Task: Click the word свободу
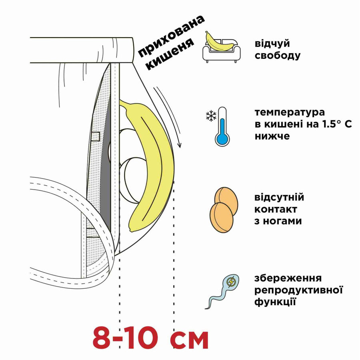point(277,55)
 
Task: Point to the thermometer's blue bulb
point(222,138)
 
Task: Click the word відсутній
point(279,198)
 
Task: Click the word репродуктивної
point(299,290)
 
